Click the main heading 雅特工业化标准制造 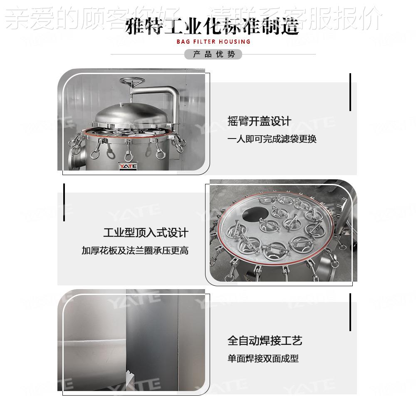tap(212, 27)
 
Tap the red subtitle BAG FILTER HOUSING tap(213, 42)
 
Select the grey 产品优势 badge tap(213, 54)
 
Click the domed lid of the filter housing tap(129, 114)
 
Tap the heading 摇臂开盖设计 tap(259, 121)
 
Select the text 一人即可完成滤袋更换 tap(272, 139)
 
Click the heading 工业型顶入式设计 tap(146, 233)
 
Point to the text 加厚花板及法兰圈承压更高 tap(135, 250)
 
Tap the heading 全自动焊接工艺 tap(265, 341)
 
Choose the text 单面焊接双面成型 tap(263, 359)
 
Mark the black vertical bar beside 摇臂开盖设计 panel tap(350, 92)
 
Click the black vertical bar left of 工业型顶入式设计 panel tap(64, 202)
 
